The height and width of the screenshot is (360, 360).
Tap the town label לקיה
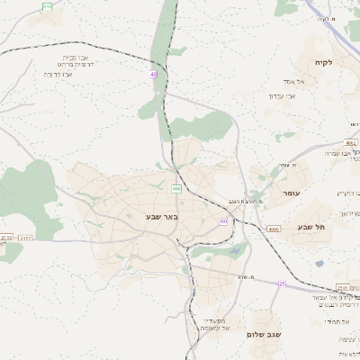[323, 62]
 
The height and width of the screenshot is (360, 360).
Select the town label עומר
[291, 193]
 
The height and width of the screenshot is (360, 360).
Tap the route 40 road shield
[154, 75]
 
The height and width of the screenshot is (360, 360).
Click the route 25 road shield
[281, 283]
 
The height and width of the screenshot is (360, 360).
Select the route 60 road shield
[223, 220]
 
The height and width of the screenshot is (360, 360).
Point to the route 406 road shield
[176, 189]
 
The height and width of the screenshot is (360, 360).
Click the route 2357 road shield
[24, 238]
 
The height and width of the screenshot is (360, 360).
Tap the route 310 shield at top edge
[47, 5]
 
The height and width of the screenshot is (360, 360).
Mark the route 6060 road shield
[272, 229]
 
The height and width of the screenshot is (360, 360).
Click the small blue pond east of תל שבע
[319, 264]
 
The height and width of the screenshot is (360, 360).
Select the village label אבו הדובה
[58, 74]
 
